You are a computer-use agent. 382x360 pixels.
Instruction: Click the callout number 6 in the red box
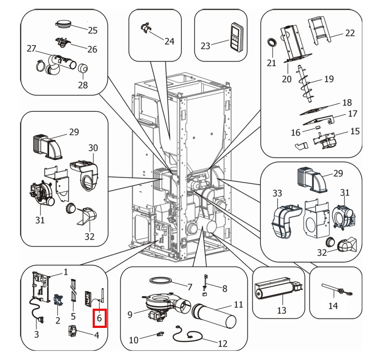pos(99,318)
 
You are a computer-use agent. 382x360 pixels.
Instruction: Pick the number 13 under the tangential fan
pos(281,310)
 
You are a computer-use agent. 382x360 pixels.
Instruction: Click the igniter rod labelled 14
pos(331,288)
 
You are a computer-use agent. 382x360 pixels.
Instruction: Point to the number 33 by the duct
pos(277,193)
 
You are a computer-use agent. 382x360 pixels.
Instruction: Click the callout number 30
pos(93,148)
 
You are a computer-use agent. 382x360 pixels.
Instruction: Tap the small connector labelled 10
pos(159,334)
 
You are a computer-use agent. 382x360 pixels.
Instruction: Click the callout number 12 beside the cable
pos(223,344)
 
